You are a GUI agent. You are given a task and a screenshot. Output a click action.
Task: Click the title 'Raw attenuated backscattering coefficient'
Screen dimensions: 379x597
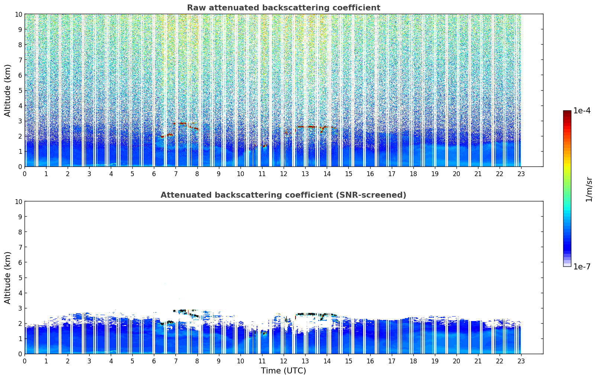[x=283, y=8]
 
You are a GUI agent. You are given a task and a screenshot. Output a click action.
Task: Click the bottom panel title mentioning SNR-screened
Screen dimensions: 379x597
[x=283, y=195]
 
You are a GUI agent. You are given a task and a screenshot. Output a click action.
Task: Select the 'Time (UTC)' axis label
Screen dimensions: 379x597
[x=283, y=371]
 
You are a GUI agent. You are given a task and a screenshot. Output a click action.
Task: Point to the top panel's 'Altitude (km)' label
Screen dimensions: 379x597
[x=8, y=90]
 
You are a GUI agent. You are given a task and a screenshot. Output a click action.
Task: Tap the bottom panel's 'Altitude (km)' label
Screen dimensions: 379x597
[x=8, y=278]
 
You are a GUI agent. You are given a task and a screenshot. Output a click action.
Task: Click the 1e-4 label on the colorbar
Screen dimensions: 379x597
[x=582, y=111]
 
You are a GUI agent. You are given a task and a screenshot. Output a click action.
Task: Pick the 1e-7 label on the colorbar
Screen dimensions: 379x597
[x=582, y=267]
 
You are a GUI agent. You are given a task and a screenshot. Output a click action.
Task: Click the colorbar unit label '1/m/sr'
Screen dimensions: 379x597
[x=588, y=189]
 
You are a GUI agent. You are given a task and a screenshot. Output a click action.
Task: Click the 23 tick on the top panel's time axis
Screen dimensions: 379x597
[x=521, y=174]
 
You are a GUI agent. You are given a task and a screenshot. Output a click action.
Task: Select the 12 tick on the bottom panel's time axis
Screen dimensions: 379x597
[x=284, y=361]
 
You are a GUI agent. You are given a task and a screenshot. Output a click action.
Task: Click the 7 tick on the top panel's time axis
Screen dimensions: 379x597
[x=176, y=174]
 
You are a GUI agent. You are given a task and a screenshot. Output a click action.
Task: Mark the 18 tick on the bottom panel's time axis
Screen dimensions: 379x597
[x=413, y=361]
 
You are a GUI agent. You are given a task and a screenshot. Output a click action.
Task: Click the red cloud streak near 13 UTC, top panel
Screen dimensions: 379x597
[x=306, y=127]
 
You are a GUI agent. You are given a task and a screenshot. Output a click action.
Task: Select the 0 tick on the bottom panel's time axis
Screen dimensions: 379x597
[x=25, y=361]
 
